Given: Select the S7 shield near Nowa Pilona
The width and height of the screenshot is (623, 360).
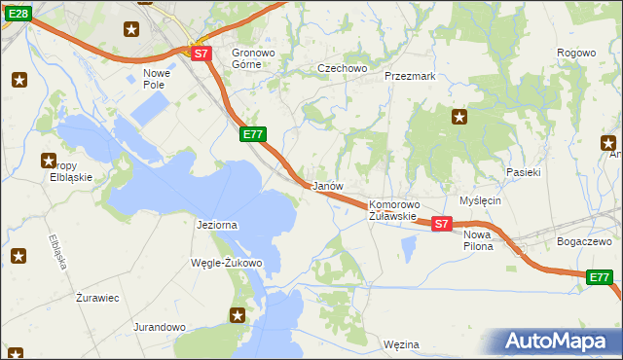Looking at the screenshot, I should click(x=441, y=224).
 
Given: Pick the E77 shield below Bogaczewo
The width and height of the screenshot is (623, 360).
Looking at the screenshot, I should click(x=600, y=278).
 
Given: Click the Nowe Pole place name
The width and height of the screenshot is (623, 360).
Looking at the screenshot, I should click(x=157, y=79).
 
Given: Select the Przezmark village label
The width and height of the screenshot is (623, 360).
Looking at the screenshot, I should click(x=409, y=75).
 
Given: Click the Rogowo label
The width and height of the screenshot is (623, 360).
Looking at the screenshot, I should click(x=575, y=53).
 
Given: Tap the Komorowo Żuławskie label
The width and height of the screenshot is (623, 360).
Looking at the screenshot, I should click(x=393, y=210).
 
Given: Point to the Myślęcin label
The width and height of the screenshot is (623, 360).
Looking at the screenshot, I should click(x=479, y=200).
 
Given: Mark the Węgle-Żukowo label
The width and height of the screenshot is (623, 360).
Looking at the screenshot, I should click(x=228, y=263).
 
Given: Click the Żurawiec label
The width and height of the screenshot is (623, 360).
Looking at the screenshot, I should click(x=97, y=298).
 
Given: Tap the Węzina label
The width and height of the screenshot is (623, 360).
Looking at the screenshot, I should click(x=401, y=344).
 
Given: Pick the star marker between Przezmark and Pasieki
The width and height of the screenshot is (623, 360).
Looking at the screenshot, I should click(x=459, y=118).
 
